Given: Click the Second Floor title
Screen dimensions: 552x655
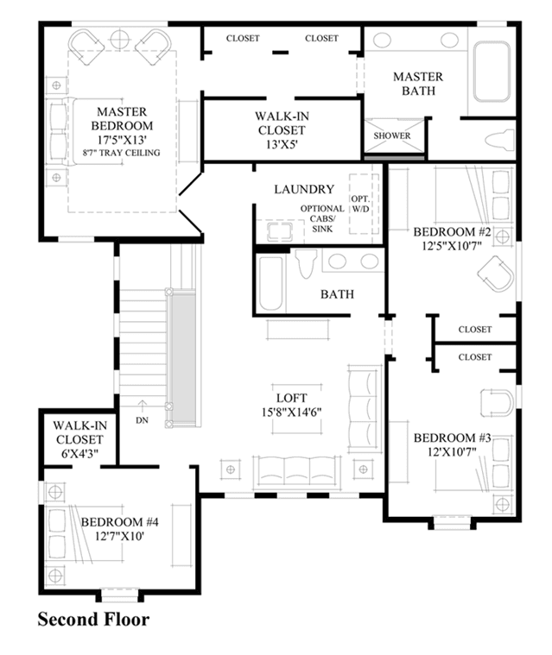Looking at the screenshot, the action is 93,619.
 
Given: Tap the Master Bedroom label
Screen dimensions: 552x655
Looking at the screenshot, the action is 122,118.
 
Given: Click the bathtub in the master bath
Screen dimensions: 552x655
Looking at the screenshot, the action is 492,71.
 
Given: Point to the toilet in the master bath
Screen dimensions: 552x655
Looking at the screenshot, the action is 499,140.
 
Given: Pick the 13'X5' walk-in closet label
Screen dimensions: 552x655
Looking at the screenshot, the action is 282,130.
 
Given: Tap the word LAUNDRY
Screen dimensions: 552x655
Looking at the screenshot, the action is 304,189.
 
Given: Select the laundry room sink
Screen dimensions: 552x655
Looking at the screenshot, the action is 280,231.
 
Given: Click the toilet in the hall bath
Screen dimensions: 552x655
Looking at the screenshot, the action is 307,263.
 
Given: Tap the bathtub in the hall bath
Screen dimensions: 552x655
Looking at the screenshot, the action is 270,283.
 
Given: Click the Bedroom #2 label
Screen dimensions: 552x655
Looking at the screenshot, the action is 452,238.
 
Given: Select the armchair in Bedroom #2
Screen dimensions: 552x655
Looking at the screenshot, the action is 496,274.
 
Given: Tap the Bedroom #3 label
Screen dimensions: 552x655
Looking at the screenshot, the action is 452,444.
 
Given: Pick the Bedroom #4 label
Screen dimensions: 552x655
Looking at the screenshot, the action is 119,528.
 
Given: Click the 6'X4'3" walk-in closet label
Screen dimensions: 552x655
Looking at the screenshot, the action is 79,439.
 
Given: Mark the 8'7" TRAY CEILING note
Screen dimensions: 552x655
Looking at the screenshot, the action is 121,153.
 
